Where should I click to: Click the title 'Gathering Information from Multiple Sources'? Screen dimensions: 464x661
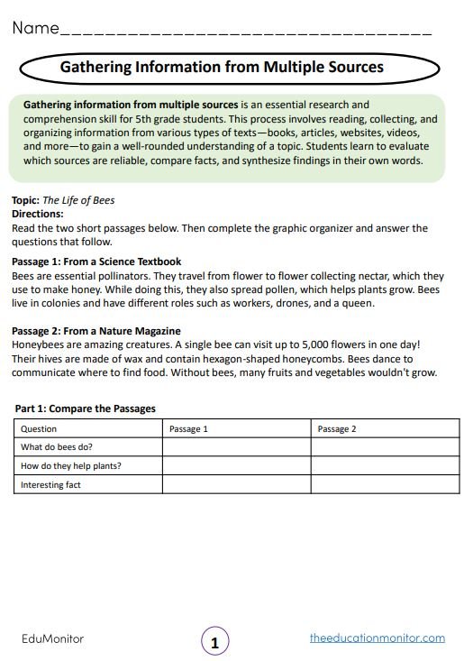point(222,68)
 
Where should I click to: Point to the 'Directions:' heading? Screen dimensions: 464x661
point(37,214)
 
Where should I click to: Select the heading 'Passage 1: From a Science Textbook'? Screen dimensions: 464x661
point(96,262)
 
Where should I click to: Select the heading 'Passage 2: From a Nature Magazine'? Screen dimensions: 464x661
point(96,331)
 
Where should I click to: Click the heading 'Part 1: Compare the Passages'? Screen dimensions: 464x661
point(85,409)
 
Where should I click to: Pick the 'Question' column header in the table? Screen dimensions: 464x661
point(39,428)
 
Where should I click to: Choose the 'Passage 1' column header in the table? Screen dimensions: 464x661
point(188,428)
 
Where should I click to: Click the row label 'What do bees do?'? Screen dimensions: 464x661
point(57,447)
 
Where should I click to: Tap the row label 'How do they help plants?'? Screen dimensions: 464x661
point(71,466)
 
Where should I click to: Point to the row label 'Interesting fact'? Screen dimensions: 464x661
point(51,485)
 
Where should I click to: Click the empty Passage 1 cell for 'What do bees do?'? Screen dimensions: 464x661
point(236,447)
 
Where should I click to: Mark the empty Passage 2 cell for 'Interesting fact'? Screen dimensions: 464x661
point(384,485)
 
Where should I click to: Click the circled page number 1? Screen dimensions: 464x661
point(214,643)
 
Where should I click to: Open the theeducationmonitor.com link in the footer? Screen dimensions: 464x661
point(377,638)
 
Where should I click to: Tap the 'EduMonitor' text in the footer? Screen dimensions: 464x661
point(52,638)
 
